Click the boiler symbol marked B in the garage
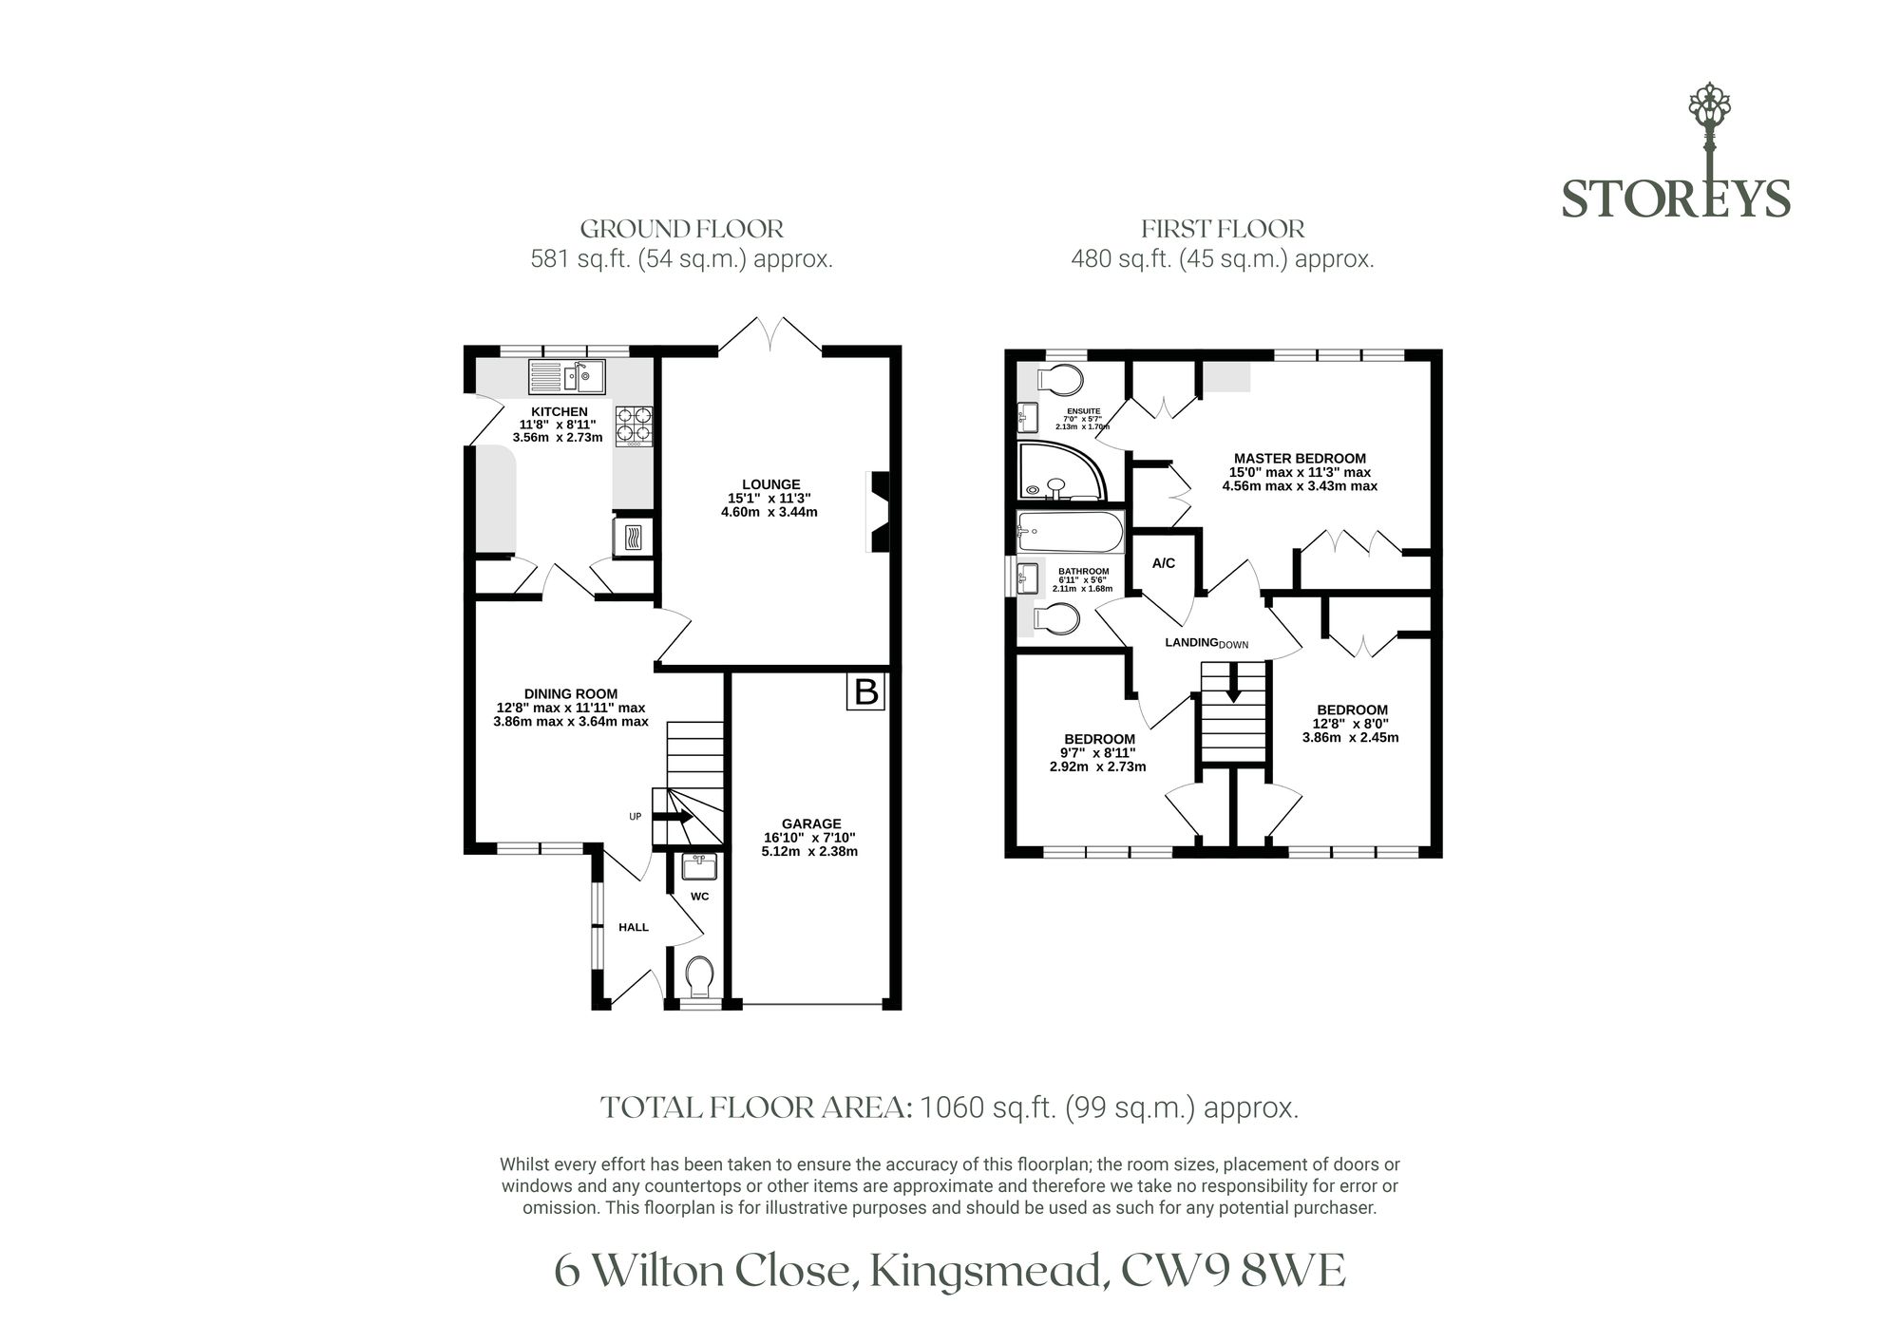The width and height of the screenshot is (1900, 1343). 865,691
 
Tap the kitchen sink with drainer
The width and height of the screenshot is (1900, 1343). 567,376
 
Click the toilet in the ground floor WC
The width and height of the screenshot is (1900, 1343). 700,974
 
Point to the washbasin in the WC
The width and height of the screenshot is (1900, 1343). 699,866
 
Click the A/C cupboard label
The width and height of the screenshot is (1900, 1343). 1164,563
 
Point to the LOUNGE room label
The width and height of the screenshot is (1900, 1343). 771,484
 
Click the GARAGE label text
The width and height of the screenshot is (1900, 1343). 811,823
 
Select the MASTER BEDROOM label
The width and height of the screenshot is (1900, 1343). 1300,458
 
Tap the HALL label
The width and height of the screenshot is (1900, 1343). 634,927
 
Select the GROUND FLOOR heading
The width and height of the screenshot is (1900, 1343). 682,229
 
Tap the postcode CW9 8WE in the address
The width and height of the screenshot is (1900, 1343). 1232,1272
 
